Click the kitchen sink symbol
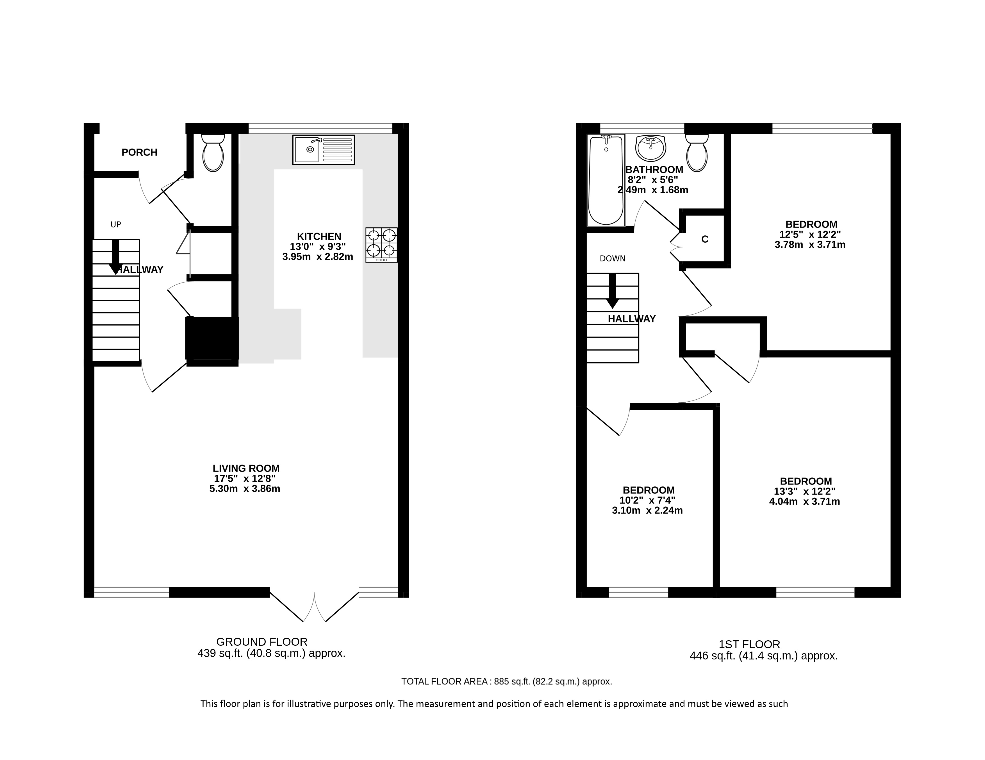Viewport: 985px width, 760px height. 323,149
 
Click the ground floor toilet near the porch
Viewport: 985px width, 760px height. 213,153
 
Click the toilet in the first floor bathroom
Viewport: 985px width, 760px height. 697,153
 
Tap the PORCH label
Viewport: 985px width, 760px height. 139,153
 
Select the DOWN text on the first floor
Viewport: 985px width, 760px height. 612,258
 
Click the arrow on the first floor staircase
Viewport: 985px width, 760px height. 613,291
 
